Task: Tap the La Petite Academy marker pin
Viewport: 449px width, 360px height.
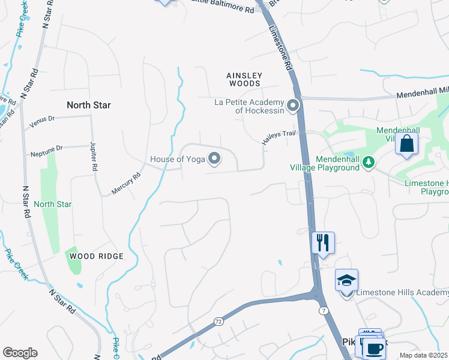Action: pyautogui.click(x=294, y=106)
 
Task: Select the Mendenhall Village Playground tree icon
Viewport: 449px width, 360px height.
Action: pyautogui.click(x=369, y=161)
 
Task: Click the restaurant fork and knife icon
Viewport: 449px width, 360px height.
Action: pyautogui.click(x=323, y=242)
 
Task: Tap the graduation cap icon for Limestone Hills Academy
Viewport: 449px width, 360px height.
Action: pyautogui.click(x=346, y=280)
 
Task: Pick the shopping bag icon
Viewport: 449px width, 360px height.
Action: pyautogui.click(x=406, y=144)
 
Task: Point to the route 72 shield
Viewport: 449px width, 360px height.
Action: pyautogui.click(x=218, y=322)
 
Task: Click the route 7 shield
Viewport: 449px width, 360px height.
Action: pyautogui.click(x=323, y=310)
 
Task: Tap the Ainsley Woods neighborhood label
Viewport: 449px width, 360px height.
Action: pyautogui.click(x=244, y=76)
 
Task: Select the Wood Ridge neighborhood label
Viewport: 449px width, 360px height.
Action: pyautogui.click(x=96, y=256)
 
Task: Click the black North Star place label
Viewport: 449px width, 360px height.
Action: pyautogui.click(x=89, y=105)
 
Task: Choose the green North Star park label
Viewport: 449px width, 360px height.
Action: pyautogui.click(x=53, y=204)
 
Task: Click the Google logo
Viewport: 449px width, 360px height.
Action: pyautogui.click(x=20, y=353)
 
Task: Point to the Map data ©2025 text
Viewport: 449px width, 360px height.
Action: pyautogui.click(x=423, y=355)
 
